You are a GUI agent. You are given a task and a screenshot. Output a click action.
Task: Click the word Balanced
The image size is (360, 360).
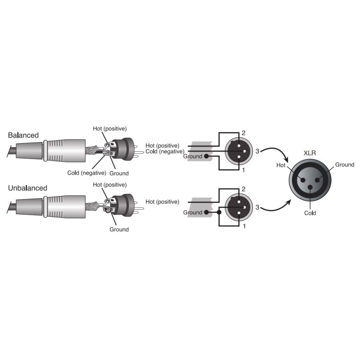point(23,135)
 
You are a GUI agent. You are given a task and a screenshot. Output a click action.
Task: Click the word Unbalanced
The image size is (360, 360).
point(27,188)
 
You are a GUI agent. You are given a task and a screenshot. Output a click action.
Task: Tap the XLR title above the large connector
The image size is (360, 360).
point(310,153)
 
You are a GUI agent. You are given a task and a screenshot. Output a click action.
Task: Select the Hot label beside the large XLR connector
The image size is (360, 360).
point(281,165)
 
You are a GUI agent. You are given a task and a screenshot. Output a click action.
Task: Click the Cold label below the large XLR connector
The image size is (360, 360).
point(310,213)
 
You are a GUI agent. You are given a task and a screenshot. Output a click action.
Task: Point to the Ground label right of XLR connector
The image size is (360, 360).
point(345,165)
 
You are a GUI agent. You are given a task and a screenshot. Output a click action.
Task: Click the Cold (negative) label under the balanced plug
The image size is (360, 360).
point(86,173)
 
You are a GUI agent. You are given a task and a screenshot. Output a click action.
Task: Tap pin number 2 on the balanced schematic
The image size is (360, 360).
point(243,133)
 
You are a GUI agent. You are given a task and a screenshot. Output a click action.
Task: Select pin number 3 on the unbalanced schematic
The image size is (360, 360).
point(257,207)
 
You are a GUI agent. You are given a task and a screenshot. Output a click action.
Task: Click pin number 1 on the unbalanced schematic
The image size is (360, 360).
point(244,226)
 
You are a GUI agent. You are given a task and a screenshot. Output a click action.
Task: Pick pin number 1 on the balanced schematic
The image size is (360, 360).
point(243,170)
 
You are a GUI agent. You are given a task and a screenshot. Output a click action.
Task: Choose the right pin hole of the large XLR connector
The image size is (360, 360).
point(318,180)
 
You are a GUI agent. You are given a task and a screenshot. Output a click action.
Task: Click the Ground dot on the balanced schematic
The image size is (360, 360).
point(207,156)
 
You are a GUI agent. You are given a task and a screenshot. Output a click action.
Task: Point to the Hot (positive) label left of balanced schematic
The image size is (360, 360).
point(162,145)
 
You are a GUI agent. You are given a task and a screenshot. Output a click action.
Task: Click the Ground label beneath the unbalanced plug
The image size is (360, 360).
point(119,229)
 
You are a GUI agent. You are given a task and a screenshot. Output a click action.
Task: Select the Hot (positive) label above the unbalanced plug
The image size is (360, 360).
point(110,184)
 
